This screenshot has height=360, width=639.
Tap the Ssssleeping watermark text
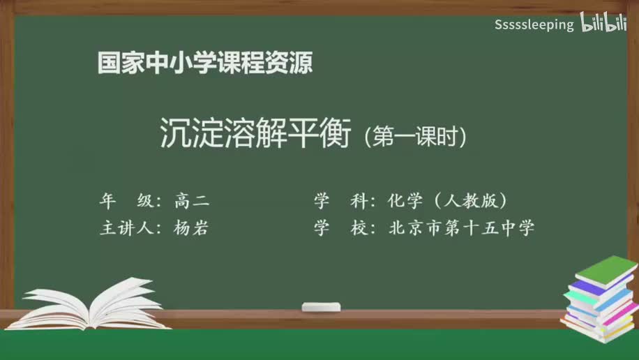tap(534, 25)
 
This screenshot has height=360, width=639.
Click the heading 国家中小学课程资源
tap(205, 64)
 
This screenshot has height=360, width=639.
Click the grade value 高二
tap(192, 202)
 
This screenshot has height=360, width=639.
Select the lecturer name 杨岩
tap(192, 228)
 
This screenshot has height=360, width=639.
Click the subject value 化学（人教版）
tap(446, 202)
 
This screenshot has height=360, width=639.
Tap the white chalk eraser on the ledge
tap(321, 307)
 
